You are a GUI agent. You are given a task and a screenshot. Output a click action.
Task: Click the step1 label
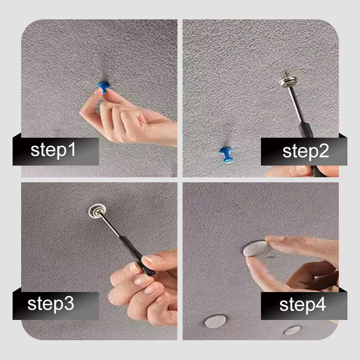point(53,150)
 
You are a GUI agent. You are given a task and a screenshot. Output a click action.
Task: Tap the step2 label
point(306,152)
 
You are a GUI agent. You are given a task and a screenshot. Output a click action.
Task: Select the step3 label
point(51,304)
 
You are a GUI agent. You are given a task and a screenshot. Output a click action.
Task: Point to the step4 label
point(302,305)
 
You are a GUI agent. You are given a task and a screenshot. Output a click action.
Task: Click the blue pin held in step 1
point(104,87)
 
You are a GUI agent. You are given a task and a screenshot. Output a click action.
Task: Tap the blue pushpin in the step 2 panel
point(226,155)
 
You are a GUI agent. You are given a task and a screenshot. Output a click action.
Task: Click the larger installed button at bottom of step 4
point(216,321)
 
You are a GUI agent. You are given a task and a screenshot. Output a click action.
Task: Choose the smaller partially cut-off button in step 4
point(292,330)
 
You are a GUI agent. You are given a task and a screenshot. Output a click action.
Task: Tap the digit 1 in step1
point(72,149)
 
